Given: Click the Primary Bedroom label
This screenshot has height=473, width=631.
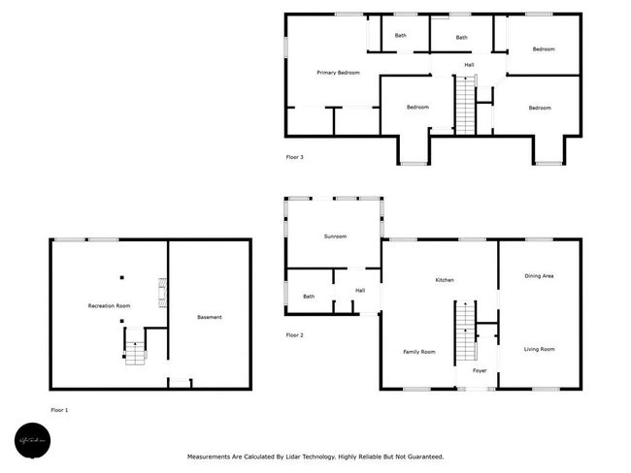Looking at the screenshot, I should tap(338, 73).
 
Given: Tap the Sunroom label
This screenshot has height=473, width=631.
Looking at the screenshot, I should tap(335, 236).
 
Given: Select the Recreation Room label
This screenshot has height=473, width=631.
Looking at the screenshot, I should tap(109, 306).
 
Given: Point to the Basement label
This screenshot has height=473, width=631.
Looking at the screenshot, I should tap(209, 317).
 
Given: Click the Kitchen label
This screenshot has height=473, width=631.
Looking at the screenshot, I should tap(444, 280).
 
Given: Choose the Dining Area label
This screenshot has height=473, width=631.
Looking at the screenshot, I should tap(539, 276).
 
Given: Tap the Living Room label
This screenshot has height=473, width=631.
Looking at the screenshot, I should tap(539, 349).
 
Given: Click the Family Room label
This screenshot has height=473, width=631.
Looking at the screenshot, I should tap(418, 351).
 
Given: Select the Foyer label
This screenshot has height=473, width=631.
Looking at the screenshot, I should tap(480, 370).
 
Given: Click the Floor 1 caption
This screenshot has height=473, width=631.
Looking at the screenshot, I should tap(59, 410).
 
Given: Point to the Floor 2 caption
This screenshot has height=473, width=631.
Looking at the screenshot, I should tap(294, 335).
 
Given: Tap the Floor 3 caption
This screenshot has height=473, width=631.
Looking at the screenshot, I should tap(294, 156).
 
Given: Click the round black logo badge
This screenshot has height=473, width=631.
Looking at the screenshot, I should tap(32, 442).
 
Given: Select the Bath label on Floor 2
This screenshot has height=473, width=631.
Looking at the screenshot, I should tap(309, 297).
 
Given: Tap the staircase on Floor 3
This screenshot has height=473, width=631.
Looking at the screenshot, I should tap(467, 107).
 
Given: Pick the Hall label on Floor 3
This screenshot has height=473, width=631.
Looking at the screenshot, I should tap(469, 65).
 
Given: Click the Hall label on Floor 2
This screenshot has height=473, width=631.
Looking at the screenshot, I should tap(359, 290).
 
